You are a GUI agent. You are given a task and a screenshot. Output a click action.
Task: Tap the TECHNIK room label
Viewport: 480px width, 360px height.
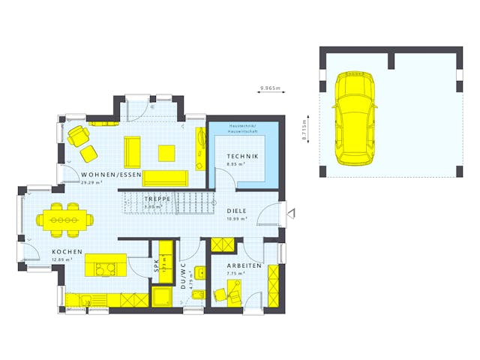click(242, 156)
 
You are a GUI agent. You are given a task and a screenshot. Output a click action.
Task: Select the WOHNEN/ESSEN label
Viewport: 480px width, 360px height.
click(111, 175)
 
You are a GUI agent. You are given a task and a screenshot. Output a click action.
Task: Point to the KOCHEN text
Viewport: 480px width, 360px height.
click(67, 252)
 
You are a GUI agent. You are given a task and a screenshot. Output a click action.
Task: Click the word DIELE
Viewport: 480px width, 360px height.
click(238, 211)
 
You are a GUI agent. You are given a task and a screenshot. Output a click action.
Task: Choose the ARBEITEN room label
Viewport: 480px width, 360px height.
click(244, 266)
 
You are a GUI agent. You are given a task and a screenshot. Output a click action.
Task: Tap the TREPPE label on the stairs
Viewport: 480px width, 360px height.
click(157, 199)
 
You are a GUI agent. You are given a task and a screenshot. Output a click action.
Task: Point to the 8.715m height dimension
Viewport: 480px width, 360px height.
click(305, 130)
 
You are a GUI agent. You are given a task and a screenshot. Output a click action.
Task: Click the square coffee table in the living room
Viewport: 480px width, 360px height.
click(166, 152)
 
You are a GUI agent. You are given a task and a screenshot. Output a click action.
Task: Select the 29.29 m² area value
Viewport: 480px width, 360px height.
click(91, 182)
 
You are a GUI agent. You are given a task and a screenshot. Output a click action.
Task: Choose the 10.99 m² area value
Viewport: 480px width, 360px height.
click(237, 218)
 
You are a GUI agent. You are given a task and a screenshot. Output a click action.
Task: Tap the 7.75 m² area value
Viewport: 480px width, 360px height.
click(238, 274)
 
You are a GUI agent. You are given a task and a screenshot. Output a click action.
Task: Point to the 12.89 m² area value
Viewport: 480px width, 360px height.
click(61, 259)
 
